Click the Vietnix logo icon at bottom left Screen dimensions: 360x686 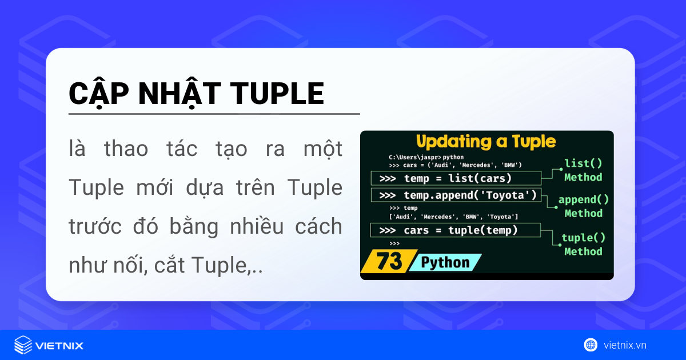(x=23, y=345)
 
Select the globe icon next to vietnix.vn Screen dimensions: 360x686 (x=590, y=345)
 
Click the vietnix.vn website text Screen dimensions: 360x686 (x=625, y=345)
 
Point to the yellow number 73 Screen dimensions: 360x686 (x=389, y=262)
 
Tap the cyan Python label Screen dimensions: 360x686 (x=445, y=262)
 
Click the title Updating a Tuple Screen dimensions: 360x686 (x=485, y=141)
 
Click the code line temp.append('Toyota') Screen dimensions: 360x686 (x=457, y=195)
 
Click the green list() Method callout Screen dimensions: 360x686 (x=583, y=170)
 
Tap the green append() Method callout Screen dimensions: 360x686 (x=584, y=206)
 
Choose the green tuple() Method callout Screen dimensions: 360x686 (x=583, y=245)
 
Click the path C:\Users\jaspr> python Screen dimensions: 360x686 (x=426, y=157)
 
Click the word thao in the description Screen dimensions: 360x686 (x=125, y=150)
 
